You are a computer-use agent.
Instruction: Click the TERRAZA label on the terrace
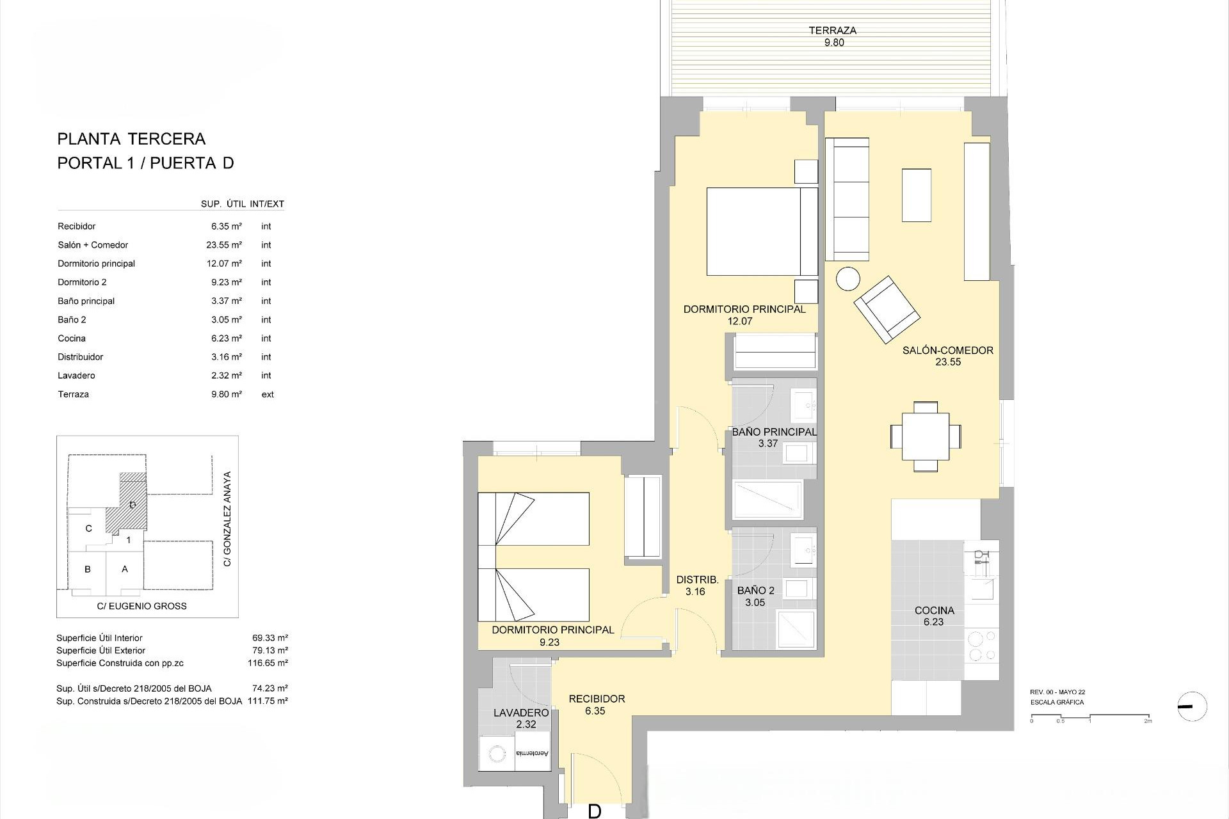coord(832,30)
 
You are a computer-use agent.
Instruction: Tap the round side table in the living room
coord(849,279)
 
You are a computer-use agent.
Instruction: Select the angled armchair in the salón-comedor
coord(887,310)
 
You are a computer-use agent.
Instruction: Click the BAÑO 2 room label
coord(755,591)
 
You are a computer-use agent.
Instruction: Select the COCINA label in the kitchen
coord(934,610)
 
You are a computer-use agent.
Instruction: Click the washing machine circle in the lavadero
coord(496,755)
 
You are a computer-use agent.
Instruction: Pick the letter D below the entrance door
coord(594,811)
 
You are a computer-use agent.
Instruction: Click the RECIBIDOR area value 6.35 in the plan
coord(595,711)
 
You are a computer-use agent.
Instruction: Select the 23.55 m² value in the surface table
coord(227,245)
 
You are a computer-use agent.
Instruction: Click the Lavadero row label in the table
coord(76,376)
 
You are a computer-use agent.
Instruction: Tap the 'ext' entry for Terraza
coord(268,395)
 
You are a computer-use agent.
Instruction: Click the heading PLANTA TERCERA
coord(131,139)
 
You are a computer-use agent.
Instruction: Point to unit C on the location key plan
coord(88,529)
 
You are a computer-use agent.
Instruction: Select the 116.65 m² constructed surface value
coord(268,664)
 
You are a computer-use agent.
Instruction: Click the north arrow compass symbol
coord(1192,707)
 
